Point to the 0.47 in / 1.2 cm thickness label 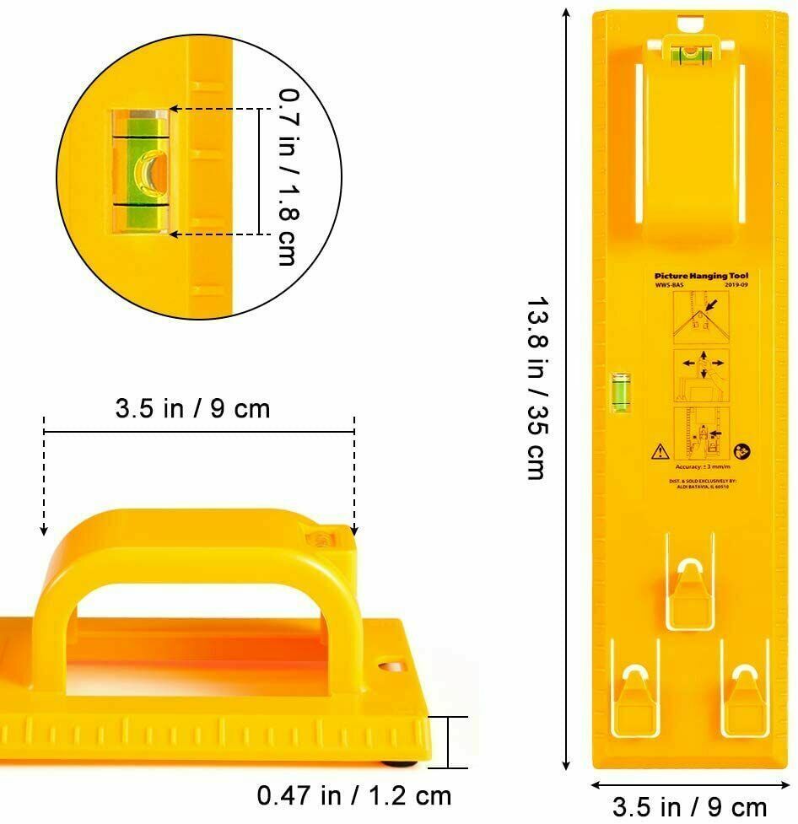pos(354,795)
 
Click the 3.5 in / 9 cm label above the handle pos(193,408)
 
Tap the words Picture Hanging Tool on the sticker pos(701,275)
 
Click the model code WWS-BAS pos(668,285)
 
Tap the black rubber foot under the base pos(399,765)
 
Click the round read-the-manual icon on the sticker pos(742,451)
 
